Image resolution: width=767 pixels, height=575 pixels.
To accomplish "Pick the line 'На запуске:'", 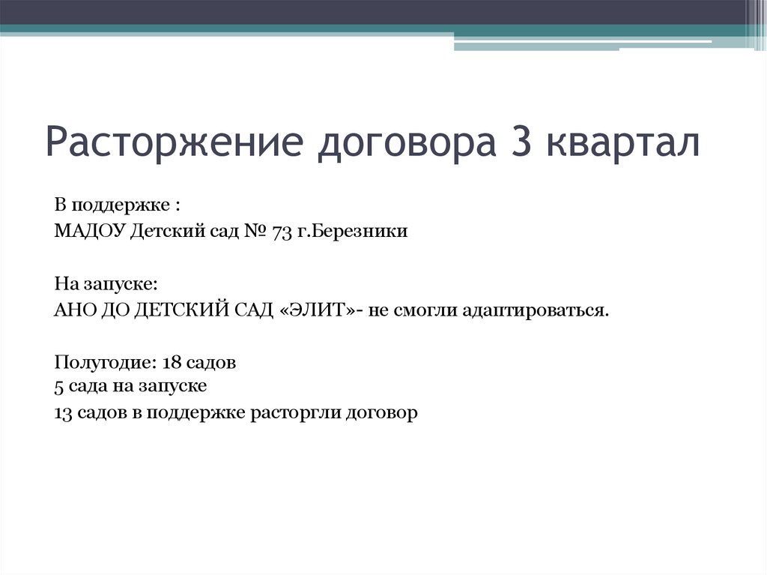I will click(106, 285).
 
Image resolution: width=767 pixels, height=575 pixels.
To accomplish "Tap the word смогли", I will click(430, 310).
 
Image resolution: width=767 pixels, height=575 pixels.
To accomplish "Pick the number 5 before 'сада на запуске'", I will click(59, 387).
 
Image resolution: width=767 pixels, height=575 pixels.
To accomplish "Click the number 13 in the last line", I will click(64, 412).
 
